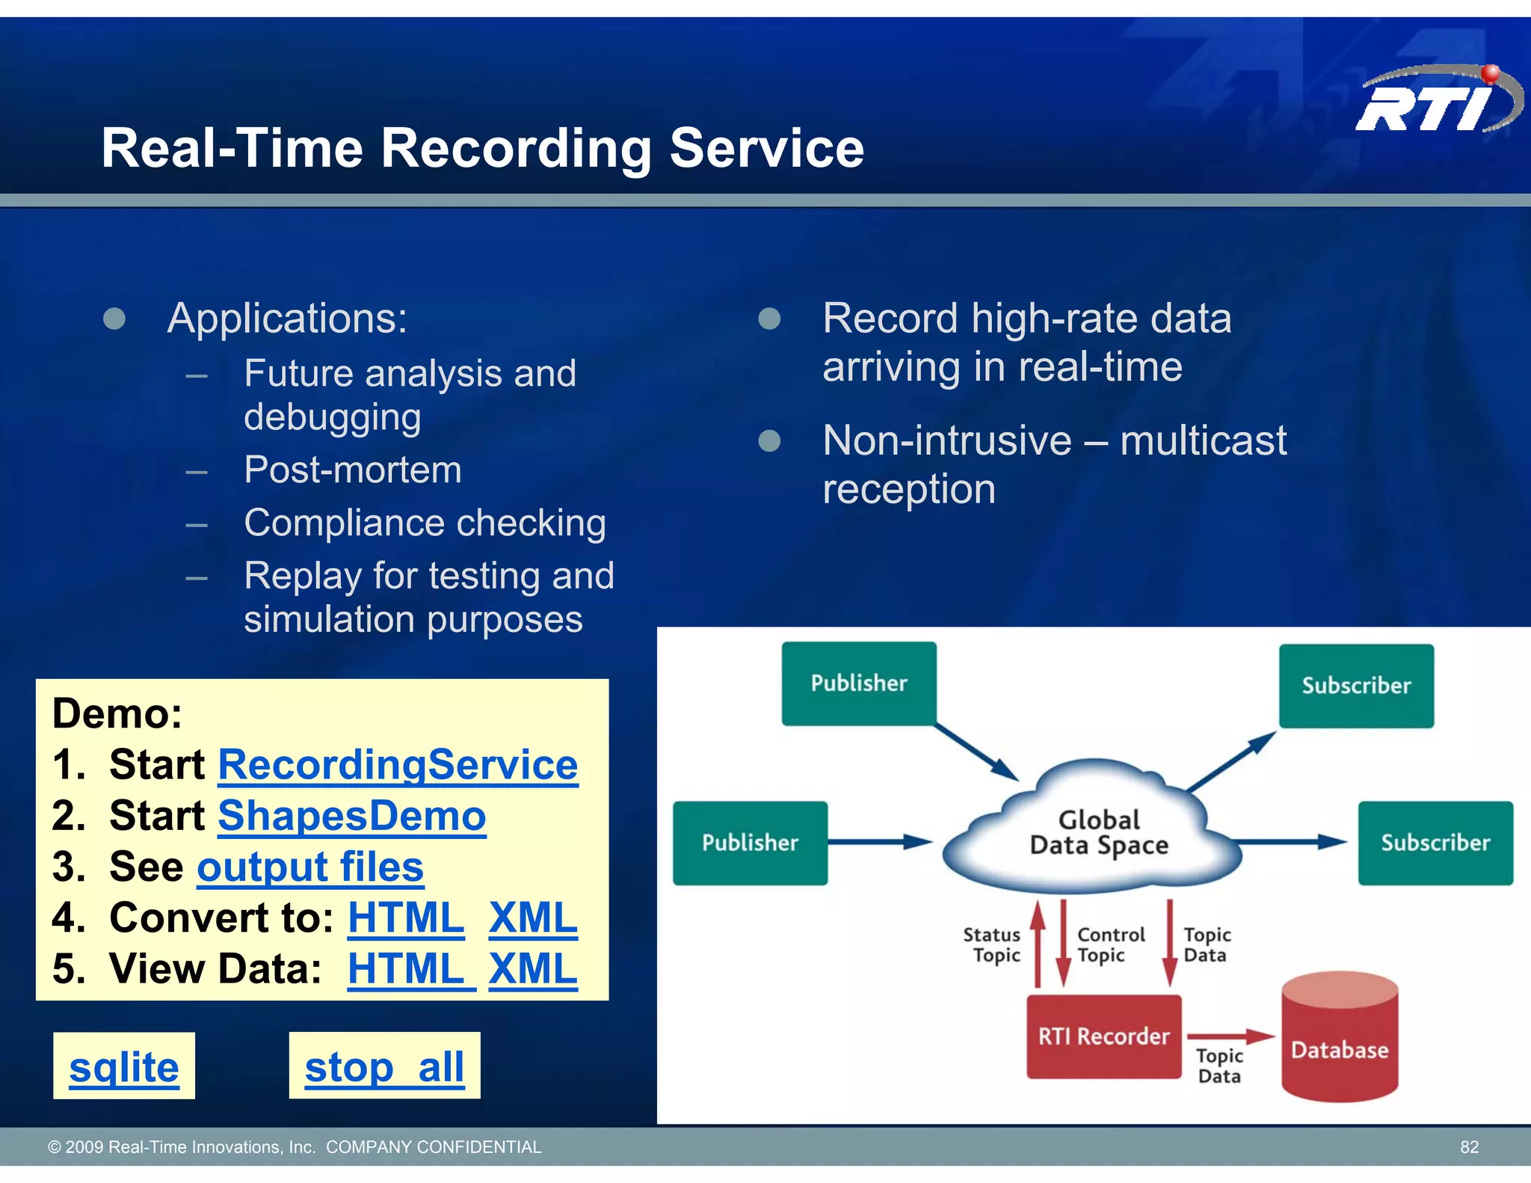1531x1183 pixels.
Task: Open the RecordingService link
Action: (x=398, y=765)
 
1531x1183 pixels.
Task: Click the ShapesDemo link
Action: (x=351, y=816)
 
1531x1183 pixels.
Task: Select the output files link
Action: (x=310, y=867)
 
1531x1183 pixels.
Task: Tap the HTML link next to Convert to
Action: (x=406, y=918)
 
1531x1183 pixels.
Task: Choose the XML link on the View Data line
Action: (x=533, y=969)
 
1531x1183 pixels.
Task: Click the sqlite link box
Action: (x=124, y=1066)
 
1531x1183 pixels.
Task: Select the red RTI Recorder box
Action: (x=1103, y=1036)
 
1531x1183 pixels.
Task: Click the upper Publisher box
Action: (x=859, y=683)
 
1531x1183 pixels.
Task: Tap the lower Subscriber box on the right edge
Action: (x=1435, y=844)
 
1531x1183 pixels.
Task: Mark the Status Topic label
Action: (x=993, y=945)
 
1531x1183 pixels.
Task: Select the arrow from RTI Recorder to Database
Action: (x=1230, y=1036)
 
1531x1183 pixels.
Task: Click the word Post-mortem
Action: (x=353, y=470)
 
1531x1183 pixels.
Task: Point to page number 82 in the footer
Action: (x=1469, y=1147)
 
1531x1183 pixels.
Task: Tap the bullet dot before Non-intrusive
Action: (x=769, y=441)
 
